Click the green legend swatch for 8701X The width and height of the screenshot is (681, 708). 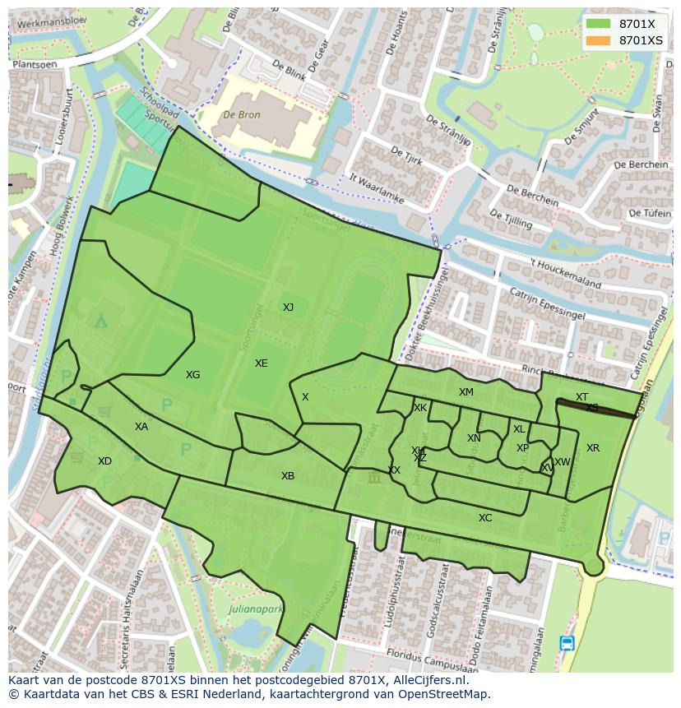tap(598, 24)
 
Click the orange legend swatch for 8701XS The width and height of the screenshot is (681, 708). tap(598, 40)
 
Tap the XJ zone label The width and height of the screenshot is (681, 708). tap(288, 308)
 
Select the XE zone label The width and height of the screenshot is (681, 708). tap(261, 363)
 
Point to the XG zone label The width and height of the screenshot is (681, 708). tap(192, 375)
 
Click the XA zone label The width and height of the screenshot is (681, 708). tap(141, 427)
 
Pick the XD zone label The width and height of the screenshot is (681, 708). tap(104, 461)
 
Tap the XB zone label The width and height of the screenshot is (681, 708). tap(287, 476)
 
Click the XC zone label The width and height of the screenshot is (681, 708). tap(485, 518)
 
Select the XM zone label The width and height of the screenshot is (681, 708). tap(466, 392)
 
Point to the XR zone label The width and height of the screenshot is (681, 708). tap(593, 448)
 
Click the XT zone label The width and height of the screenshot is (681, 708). tap(581, 397)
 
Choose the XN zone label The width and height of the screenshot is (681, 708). tap(474, 438)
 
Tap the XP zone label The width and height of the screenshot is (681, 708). tap(522, 448)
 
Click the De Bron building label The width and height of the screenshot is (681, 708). tap(243, 115)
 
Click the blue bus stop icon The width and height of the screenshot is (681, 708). tap(567, 643)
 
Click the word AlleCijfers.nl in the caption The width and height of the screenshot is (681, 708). tap(428, 681)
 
